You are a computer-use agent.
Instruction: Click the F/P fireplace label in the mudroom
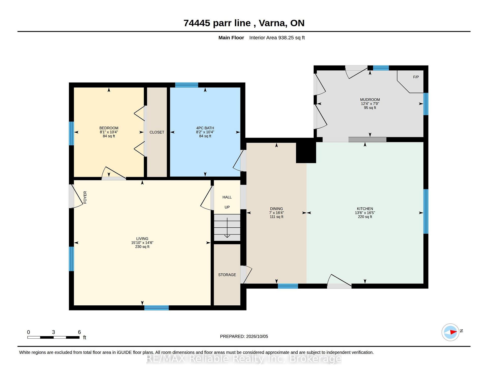[416, 77]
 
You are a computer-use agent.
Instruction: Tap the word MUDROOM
[370, 100]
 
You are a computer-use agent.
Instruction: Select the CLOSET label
[157, 132]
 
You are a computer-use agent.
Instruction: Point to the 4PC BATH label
[205, 128]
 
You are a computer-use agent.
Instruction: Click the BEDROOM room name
[109, 128]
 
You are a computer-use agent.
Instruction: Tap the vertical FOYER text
[85, 197]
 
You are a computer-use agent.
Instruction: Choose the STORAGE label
[227, 275]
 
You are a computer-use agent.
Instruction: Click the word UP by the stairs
[227, 207]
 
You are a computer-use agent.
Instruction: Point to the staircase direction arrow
[227, 228]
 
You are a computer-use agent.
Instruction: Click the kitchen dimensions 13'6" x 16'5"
[365, 213]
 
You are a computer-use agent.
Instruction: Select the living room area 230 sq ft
[142, 247]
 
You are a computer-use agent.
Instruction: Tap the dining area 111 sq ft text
[277, 217]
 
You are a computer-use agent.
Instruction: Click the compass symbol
[450, 332]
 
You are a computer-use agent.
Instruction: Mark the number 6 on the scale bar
[79, 332]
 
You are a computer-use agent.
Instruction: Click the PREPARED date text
[244, 336]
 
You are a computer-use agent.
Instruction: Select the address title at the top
[244, 23]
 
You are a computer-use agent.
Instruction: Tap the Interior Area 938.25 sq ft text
[277, 38]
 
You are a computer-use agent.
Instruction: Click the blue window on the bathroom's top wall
[187, 85]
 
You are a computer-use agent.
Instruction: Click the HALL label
[227, 197]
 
